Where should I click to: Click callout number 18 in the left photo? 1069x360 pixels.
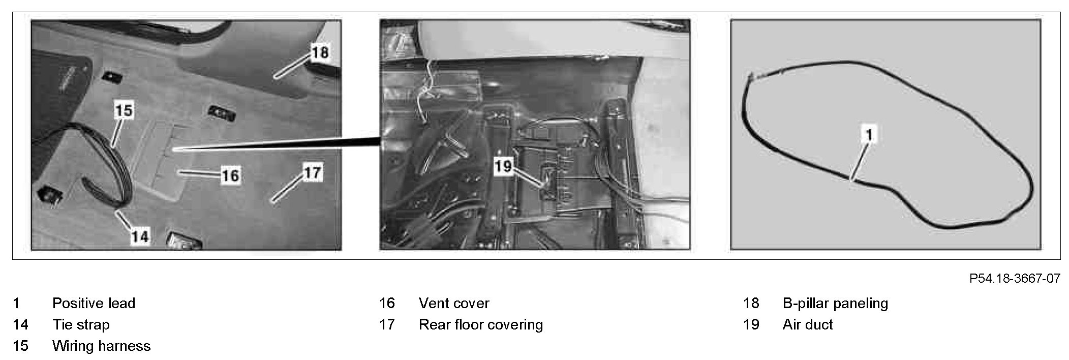[x=320, y=52]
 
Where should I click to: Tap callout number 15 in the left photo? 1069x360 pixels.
[x=124, y=110]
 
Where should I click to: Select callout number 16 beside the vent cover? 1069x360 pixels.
[x=230, y=175]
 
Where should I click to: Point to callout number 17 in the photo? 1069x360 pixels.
[x=312, y=172]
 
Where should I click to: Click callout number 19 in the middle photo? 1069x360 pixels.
[x=503, y=166]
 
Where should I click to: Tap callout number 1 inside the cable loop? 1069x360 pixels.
[x=869, y=135]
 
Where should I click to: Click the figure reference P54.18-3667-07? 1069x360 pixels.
[x=1015, y=279]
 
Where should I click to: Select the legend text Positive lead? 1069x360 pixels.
[x=94, y=303]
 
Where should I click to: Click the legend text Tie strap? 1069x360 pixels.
[x=81, y=324]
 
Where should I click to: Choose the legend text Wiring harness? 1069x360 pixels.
[x=101, y=346]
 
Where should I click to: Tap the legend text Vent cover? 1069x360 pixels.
[x=453, y=303]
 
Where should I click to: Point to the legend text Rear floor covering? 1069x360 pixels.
[x=480, y=324]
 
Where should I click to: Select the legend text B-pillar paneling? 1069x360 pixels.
[x=835, y=303]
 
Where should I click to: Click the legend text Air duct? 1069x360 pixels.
[x=807, y=324]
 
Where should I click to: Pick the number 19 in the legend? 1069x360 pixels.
[x=751, y=324]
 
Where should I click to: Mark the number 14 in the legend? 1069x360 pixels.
[x=21, y=324]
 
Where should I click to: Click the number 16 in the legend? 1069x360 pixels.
[x=387, y=303]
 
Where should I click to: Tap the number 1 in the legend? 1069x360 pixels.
[x=16, y=303]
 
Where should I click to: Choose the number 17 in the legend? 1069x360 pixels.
[x=387, y=324]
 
